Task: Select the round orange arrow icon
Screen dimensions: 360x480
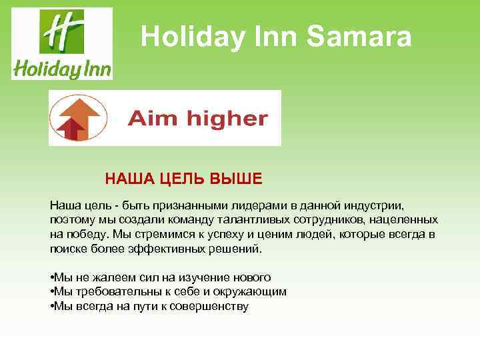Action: [x=75, y=118]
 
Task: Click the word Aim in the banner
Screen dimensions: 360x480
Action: [x=149, y=119]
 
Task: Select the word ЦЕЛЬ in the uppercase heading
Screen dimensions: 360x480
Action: [x=180, y=179]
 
